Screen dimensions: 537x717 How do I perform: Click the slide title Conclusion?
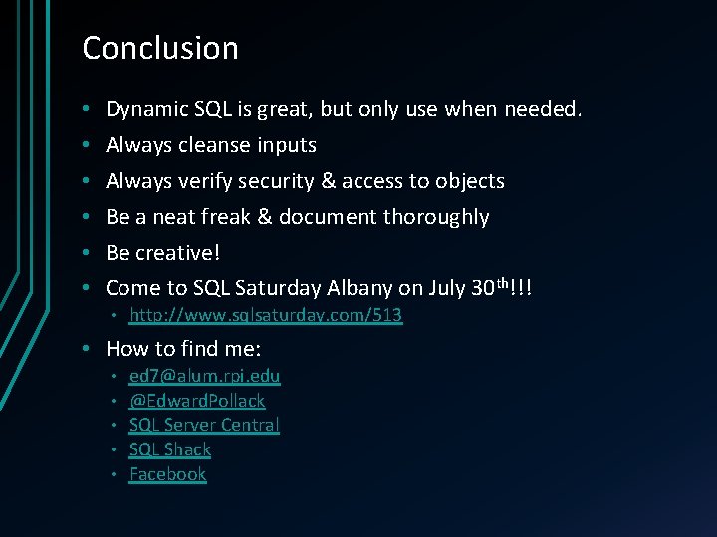click(x=160, y=48)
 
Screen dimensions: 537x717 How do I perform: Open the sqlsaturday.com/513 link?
click(x=266, y=315)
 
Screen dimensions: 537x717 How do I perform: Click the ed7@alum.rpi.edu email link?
click(x=205, y=376)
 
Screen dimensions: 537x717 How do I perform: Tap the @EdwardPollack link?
click(x=197, y=401)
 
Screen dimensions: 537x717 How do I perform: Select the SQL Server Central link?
click(x=204, y=425)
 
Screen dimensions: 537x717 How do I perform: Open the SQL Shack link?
click(x=170, y=449)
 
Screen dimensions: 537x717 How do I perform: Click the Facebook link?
click(x=168, y=474)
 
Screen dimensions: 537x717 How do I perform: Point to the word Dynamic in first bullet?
click(x=146, y=109)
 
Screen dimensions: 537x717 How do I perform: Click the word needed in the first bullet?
click(x=542, y=109)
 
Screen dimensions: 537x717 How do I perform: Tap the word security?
click(x=295, y=181)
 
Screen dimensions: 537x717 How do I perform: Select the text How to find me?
click(x=183, y=349)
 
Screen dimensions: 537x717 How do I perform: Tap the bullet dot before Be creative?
click(x=88, y=253)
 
